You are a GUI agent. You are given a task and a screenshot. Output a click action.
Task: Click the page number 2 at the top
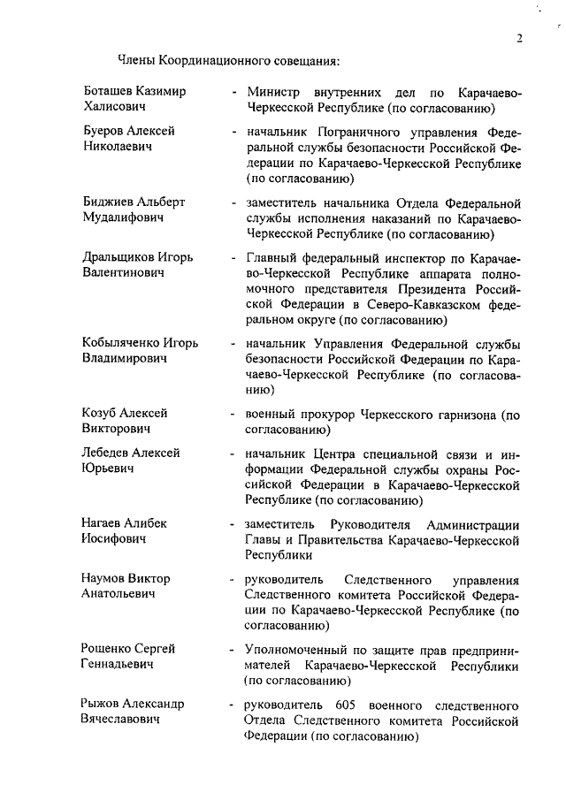(521, 38)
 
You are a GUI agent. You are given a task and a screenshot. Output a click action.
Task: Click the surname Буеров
(100, 131)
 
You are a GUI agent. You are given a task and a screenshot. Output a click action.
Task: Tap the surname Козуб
(97, 413)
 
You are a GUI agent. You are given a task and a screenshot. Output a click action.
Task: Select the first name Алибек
(149, 522)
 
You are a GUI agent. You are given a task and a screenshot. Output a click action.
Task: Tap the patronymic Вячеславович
(120, 720)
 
